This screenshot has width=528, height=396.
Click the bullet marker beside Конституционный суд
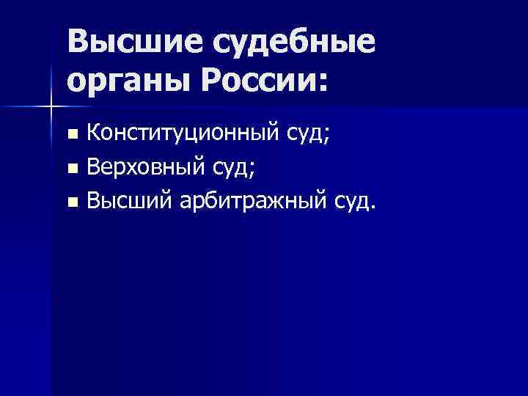(x=72, y=134)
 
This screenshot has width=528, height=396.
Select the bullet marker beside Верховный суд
(x=72, y=168)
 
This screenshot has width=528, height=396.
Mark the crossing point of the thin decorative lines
(x=51, y=107)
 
